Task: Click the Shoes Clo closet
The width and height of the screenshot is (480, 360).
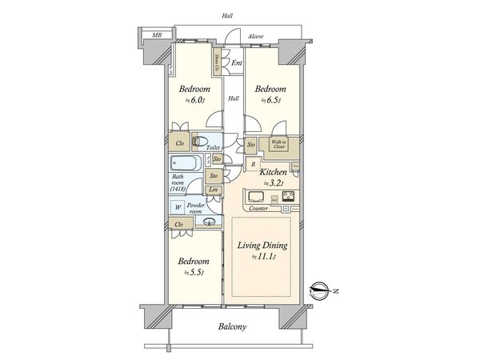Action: [218, 59]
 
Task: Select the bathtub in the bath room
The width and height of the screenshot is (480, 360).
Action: [187, 165]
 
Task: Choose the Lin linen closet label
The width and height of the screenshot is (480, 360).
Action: [214, 190]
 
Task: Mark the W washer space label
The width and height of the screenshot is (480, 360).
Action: [178, 206]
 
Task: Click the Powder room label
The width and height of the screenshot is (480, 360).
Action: [199, 209]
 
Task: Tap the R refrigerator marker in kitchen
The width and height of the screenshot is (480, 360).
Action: [253, 164]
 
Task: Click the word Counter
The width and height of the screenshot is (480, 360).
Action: [258, 208]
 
